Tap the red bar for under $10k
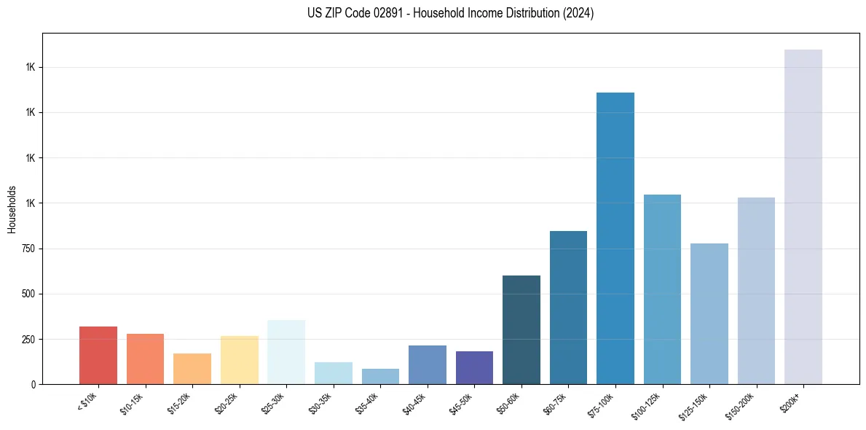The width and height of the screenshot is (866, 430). (98, 355)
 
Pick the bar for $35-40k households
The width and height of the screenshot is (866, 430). (380, 376)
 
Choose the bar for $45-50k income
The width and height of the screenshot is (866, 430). (474, 367)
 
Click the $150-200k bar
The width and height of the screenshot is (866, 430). (756, 291)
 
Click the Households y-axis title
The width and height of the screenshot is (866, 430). (12, 208)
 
